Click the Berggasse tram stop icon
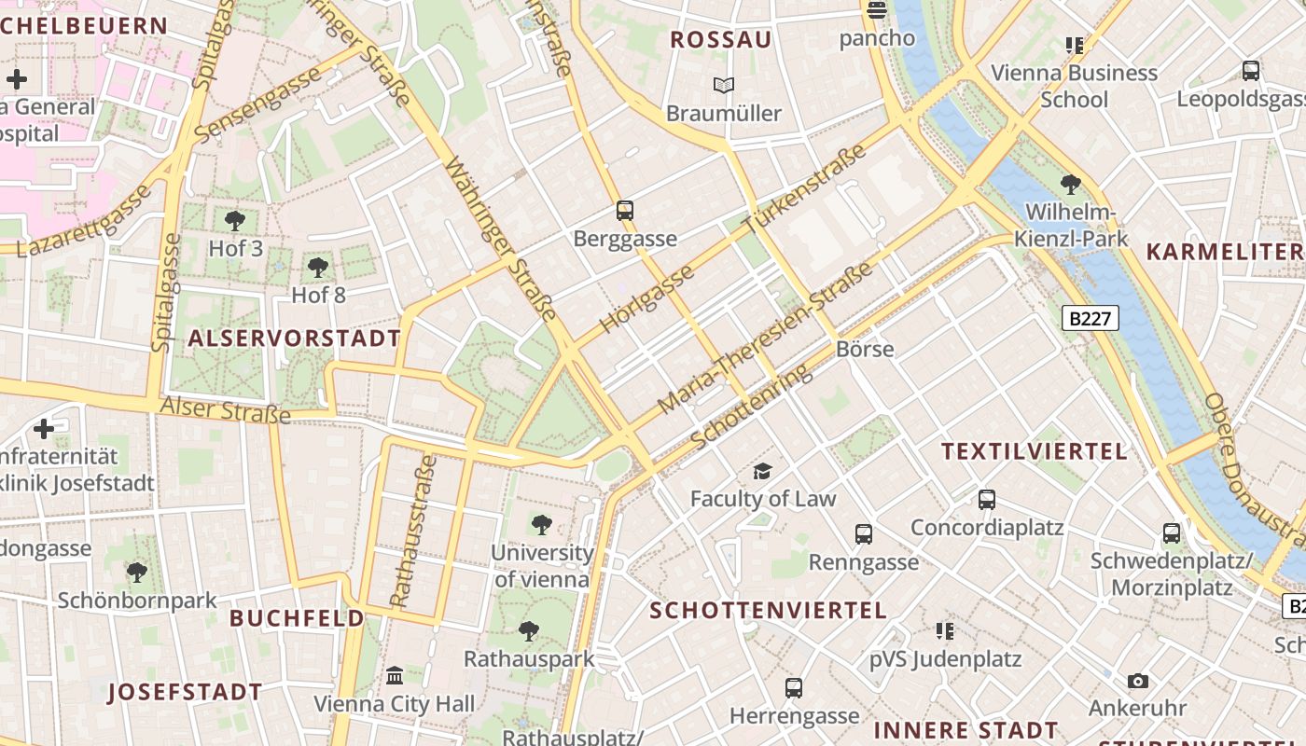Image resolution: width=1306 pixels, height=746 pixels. (x=625, y=211)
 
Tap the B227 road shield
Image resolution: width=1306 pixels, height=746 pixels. (x=1090, y=318)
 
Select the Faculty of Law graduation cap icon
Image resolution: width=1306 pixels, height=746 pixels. (x=763, y=471)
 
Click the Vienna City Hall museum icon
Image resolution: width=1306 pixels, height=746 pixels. (x=395, y=675)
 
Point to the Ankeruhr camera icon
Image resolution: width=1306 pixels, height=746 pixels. (x=1137, y=681)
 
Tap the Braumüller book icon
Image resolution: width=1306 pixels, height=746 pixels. (x=723, y=86)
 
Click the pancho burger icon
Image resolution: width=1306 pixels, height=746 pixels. (x=876, y=11)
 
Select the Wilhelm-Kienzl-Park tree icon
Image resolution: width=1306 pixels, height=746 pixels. (x=1071, y=184)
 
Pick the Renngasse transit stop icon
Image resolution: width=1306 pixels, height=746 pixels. (x=864, y=534)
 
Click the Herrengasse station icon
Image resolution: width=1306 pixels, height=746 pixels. (x=794, y=688)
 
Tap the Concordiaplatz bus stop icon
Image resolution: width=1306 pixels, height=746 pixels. (x=987, y=500)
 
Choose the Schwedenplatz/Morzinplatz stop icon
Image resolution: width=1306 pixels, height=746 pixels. (x=1172, y=533)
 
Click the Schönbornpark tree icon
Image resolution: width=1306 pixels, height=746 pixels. (x=137, y=572)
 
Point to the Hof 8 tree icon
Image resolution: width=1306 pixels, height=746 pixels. (x=318, y=268)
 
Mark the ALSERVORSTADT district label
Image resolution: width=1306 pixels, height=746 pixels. (x=294, y=338)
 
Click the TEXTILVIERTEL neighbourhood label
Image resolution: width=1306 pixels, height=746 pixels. (x=1034, y=451)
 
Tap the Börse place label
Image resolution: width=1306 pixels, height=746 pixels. (x=865, y=349)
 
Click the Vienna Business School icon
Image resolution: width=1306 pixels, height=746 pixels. (x=1075, y=45)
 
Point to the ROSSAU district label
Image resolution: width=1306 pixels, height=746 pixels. (x=721, y=39)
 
